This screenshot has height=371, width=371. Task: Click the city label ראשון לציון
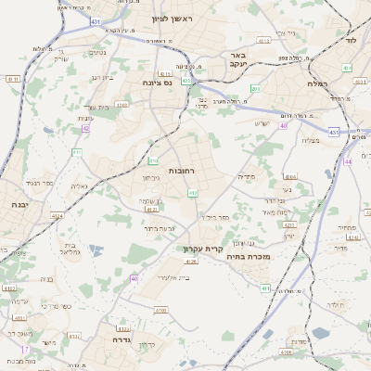click(x=173, y=18)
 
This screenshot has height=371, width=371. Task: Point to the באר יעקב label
click(x=237, y=60)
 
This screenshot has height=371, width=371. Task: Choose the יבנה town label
click(x=13, y=204)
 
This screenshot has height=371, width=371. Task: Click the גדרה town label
click(x=120, y=339)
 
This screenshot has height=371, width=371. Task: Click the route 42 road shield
click(x=85, y=128)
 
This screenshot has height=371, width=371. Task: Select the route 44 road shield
click(x=346, y=161)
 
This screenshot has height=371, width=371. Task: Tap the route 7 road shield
click(x=26, y=350)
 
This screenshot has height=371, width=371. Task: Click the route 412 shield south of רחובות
click(x=193, y=193)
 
